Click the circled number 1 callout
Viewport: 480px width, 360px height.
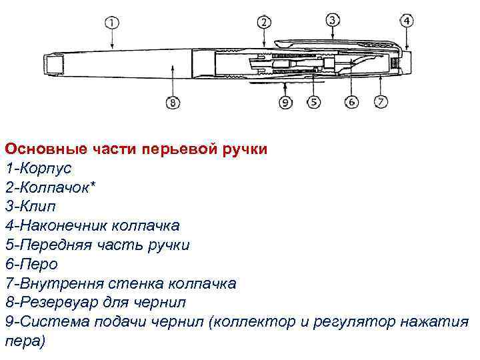(112, 23)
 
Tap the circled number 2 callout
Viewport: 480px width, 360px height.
(265, 23)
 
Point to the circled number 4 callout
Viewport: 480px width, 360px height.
(407, 21)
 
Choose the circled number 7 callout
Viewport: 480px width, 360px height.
(381, 103)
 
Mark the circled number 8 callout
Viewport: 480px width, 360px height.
(172, 103)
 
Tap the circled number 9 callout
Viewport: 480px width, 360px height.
(285, 103)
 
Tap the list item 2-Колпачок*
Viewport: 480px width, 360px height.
(50, 187)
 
